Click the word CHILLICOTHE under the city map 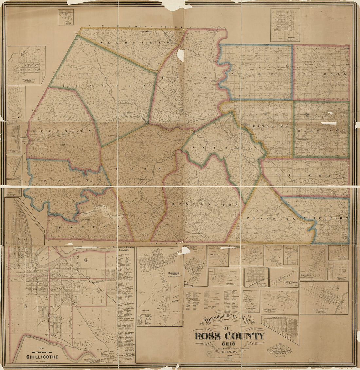(x=42, y=357)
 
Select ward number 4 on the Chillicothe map (x=86, y=260)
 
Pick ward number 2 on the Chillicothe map (x=25, y=306)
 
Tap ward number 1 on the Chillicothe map (x=76, y=298)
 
